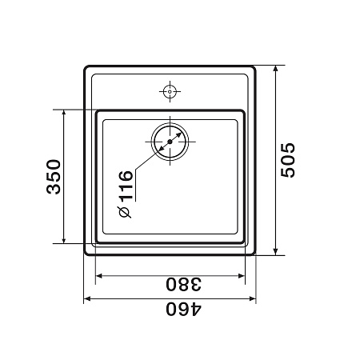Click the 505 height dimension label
(x=288, y=160)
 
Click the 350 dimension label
(x=54, y=177)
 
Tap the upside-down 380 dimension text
(x=183, y=284)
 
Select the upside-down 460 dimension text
(x=184, y=309)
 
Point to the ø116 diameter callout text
(x=125, y=194)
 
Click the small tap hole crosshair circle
(x=170, y=91)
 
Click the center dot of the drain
(x=170, y=142)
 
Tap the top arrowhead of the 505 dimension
(x=276, y=69)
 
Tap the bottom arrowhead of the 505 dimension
(x=276, y=251)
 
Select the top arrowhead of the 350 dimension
(x=64, y=113)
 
